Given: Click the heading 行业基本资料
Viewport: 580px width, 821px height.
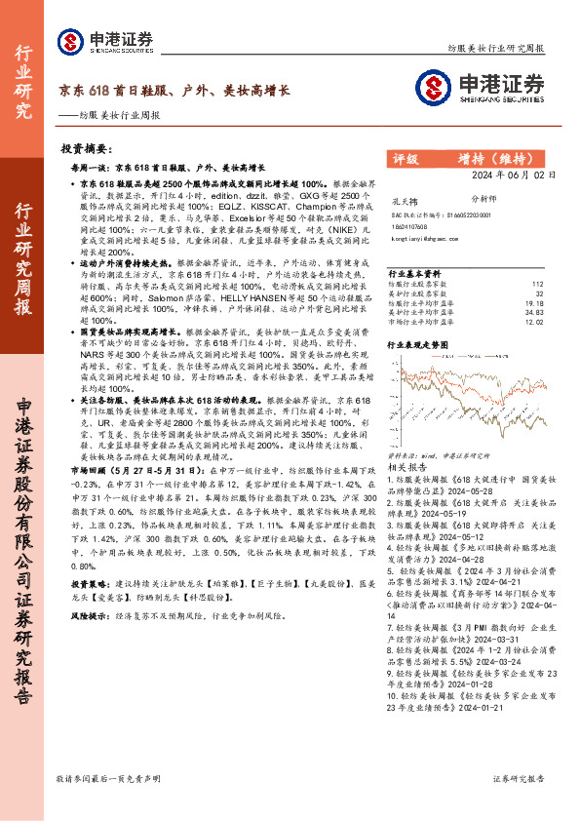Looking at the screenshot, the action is coord(414,274).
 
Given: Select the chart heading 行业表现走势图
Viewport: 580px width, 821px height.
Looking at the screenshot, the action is coord(419,344).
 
